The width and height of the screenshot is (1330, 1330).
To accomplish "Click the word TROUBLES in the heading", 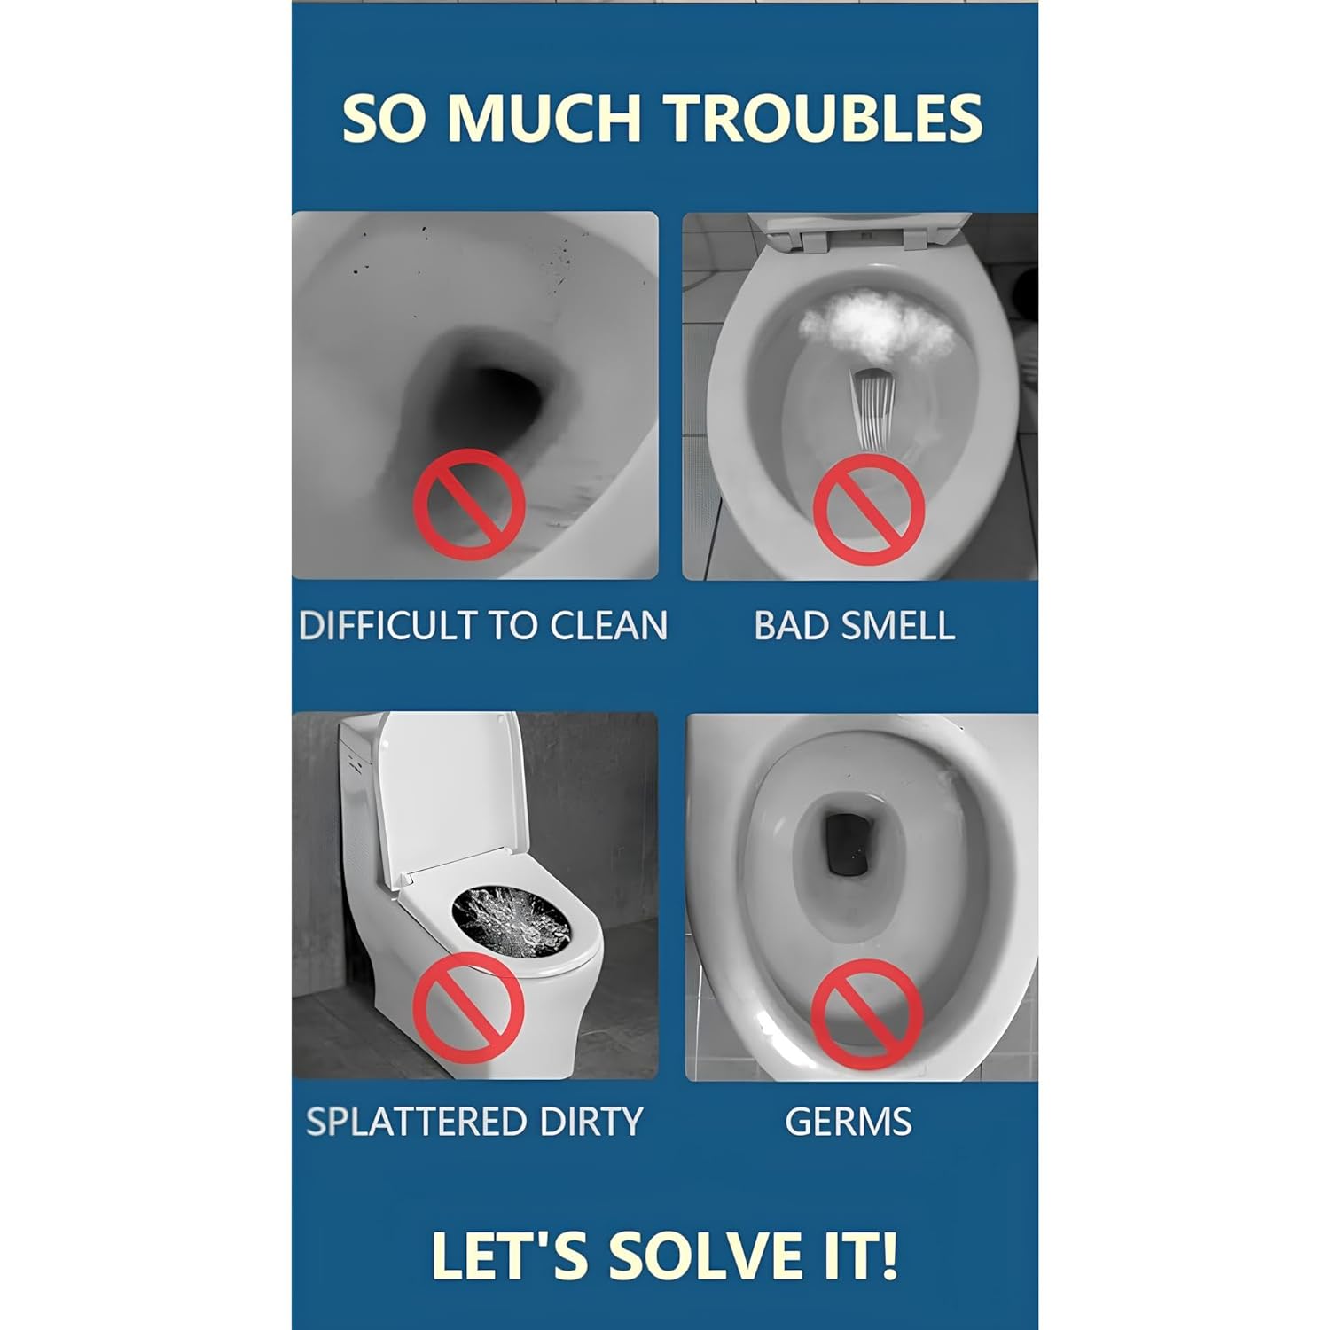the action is tap(825, 117).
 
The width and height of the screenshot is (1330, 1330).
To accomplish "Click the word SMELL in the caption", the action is tap(897, 626).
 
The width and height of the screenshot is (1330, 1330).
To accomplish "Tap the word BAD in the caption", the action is tap(792, 626).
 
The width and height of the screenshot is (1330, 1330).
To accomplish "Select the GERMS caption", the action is tap(849, 1122).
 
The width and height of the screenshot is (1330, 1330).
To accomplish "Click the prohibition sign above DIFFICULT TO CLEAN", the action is tap(469, 505).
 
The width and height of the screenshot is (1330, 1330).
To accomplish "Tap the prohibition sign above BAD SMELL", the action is tap(869, 509).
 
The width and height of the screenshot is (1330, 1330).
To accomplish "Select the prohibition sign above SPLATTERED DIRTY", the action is tap(469, 1010).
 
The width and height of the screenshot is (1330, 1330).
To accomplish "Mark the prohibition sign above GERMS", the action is tap(867, 1015).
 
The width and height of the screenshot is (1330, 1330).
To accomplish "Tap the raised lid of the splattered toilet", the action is tap(452, 789).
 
